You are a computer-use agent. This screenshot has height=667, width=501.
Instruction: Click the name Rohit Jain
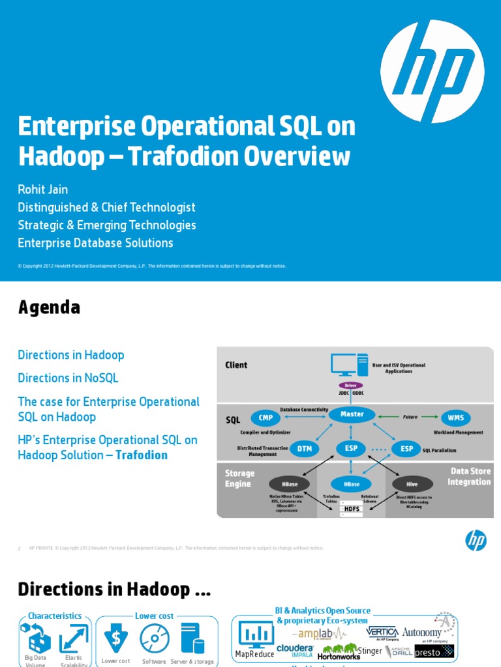pos(43,190)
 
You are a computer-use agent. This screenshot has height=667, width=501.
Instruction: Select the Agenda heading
pos(49,307)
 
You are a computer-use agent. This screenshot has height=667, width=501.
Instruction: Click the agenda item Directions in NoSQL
pos(68,378)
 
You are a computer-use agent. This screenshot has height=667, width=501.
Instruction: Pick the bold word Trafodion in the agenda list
pos(142,455)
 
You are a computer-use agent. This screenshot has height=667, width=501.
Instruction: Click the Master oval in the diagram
pos(352,414)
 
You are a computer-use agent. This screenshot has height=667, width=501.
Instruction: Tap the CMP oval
pos(266,418)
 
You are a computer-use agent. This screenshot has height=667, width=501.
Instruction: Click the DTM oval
pos(304,449)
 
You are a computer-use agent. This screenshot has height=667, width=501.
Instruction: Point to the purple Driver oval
pos(351,386)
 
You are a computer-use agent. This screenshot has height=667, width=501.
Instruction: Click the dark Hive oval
pos(412,483)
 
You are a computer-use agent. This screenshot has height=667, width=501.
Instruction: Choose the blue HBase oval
pos(351,484)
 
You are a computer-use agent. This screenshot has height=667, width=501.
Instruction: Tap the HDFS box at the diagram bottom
pos(352,509)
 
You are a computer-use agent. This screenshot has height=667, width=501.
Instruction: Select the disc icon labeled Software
pos(155,640)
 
